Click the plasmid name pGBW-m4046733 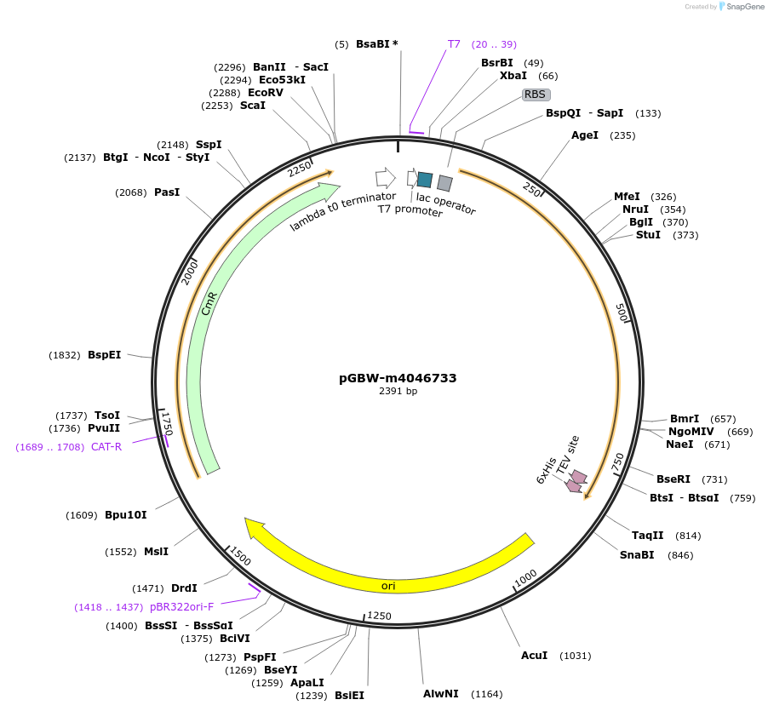tap(398, 378)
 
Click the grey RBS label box tap(536, 95)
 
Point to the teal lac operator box tap(424, 179)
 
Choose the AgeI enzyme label tap(585, 135)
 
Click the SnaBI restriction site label tap(637, 555)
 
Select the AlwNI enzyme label tap(441, 693)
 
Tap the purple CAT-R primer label tap(106, 447)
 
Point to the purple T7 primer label tap(454, 44)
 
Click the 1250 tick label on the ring tap(379, 616)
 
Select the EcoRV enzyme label tap(266, 93)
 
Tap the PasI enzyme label tap(167, 192)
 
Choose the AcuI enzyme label tap(534, 656)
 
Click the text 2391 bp tap(398, 392)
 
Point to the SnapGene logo tap(737, 7)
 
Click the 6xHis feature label tap(546, 471)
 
